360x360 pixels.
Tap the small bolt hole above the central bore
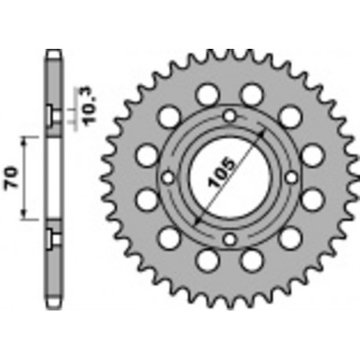tap(229, 117)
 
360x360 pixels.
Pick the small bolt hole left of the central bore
tap(167, 178)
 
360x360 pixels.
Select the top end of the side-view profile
tap(53, 53)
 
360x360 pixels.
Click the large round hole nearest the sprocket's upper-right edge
tap(290, 117)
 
